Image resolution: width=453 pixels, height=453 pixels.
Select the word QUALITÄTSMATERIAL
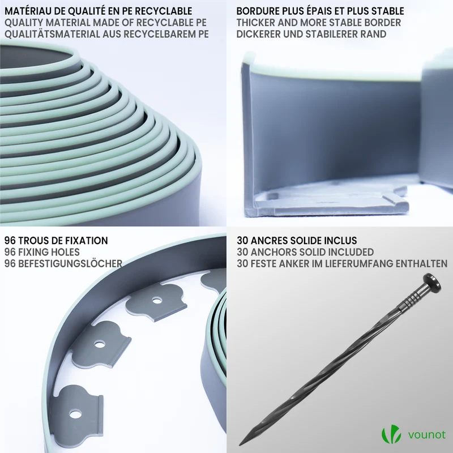(52, 34)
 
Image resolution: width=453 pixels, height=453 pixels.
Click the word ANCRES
(268, 241)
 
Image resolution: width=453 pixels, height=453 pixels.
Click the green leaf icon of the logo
(391, 434)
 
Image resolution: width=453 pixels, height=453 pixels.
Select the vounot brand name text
(427, 435)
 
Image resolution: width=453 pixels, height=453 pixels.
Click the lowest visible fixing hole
(75, 414)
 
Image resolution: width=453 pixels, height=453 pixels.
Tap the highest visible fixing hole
(157, 301)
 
